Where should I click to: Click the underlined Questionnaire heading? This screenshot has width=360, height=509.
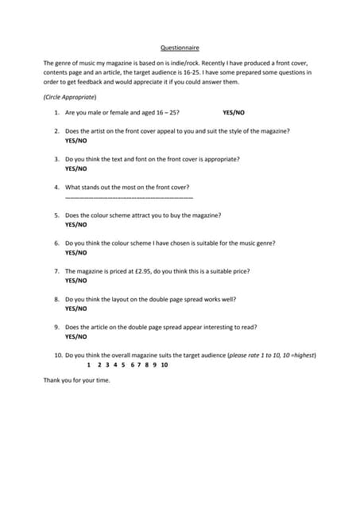pos(180,48)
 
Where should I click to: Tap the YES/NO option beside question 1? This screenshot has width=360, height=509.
pos(234,113)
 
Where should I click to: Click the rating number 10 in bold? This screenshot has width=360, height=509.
pos(164,364)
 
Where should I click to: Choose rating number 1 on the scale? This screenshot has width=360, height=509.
pos(89,364)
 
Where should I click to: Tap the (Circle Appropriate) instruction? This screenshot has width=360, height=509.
pos(70,96)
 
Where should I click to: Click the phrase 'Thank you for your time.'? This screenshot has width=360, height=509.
pos(77,380)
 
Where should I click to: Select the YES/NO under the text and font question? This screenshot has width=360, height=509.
pos(76,169)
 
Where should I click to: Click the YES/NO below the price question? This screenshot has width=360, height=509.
pos(76,280)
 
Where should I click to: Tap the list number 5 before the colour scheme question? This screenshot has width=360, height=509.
pos(57,216)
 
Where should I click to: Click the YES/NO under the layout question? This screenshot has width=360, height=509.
pos(76,308)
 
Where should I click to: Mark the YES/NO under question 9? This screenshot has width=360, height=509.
pos(76,336)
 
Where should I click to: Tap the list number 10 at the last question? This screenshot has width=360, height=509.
pos(58,355)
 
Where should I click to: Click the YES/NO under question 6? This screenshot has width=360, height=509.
pos(76,252)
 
